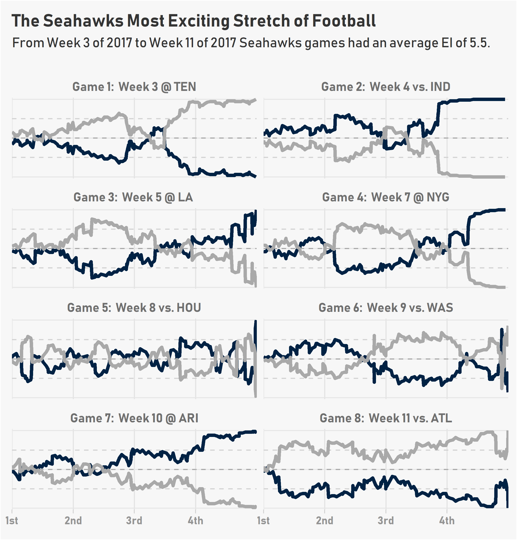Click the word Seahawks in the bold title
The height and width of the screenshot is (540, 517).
click(x=83, y=21)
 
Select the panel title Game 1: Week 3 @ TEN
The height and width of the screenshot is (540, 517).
click(x=134, y=87)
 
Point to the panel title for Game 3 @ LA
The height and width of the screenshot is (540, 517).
click(x=133, y=197)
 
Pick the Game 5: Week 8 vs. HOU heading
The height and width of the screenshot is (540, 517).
click(x=134, y=308)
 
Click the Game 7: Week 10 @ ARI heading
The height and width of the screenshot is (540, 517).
click(x=134, y=418)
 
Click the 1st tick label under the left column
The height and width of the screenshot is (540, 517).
click(x=12, y=520)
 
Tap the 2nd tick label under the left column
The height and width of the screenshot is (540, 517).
click(x=73, y=520)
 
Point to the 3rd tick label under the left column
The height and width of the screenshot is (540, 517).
click(x=134, y=520)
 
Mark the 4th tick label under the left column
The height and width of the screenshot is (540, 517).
click(x=195, y=520)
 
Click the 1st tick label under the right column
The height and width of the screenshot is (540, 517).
click(x=264, y=520)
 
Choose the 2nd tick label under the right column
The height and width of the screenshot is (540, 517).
click(x=325, y=520)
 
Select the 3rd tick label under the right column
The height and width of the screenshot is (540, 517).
click(x=386, y=520)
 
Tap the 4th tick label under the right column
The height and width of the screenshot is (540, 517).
click(x=447, y=520)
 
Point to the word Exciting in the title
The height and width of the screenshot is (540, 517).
click(x=198, y=21)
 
